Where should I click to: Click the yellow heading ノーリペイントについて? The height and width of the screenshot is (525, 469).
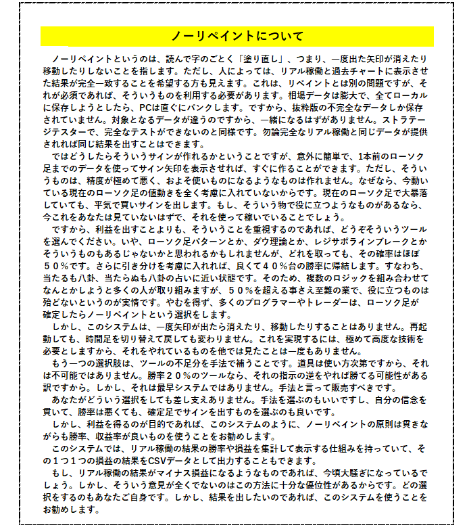[237, 36]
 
